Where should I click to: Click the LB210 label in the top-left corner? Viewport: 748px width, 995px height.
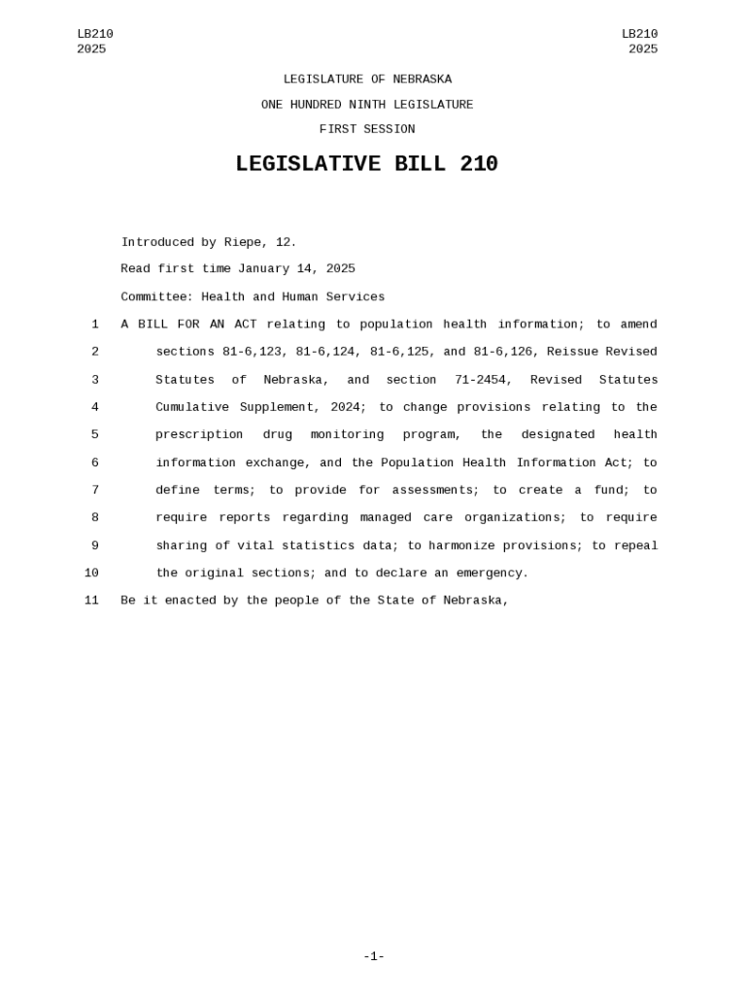pyautogui.click(x=95, y=35)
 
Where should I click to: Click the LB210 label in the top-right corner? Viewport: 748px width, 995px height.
pyautogui.click(x=639, y=35)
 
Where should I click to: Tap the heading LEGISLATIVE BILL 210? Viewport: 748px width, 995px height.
pyautogui.click(x=366, y=165)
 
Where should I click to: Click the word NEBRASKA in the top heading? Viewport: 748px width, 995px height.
pyautogui.click(x=422, y=80)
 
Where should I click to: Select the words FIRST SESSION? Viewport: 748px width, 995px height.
pyautogui.click(x=366, y=129)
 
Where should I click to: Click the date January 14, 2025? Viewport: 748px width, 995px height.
pyautogui.click(x=296, y=269)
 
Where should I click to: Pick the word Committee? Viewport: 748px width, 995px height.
pyautogui.click(x=156, y=297)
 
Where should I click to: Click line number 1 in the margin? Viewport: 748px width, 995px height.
pyautogui.click(x=95, y=325)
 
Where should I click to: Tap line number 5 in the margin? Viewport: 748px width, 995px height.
pyautogui.click(x=95, y=435)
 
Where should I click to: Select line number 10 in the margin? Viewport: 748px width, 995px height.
pyautogui.click(x=91, y=573)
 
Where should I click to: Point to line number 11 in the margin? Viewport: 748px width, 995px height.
pyautogui.click(x=91, y=600)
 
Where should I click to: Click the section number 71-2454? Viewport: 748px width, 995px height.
pyautogui.click(x=483, y=380)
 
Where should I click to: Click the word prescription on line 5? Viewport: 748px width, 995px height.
pyautogui.click(x=199, y=435)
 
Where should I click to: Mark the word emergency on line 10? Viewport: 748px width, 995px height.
pyautogui.click(x=492, y=573)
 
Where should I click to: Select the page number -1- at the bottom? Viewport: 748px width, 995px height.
pyautogui.click(x=374, y=957)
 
